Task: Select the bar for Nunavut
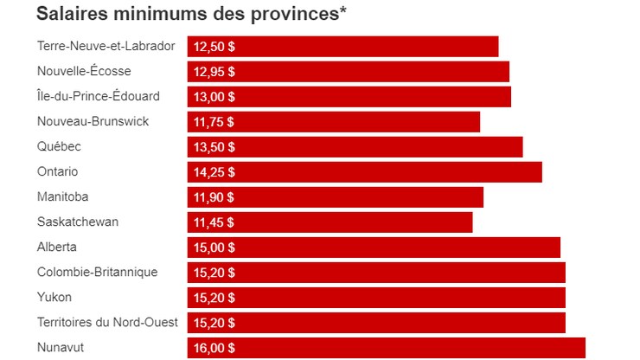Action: pos(387,348)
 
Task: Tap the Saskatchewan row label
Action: pos(78,222)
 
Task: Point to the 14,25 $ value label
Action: pos(214,172)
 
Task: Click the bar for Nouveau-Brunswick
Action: pos(334,122)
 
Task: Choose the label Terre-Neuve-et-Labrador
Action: pos(106,46)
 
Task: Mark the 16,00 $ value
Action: pos(214,348)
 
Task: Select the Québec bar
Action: pos(355,147)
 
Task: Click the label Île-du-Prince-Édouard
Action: pos(99,96)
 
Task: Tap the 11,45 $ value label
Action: pos(214,222)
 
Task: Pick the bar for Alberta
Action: pos(374,247)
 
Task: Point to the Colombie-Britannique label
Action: pos(97,272)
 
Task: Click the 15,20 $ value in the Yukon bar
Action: pos(214,298)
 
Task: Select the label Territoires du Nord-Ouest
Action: pos(107,322)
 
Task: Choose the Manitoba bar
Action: pos(336,197)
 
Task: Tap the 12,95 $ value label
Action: pos(214,72)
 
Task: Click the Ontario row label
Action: pos(58,171)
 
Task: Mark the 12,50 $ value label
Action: pos(214,47)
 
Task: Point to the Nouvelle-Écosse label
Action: pos(85,71)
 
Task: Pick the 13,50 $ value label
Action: pos(214,147)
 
